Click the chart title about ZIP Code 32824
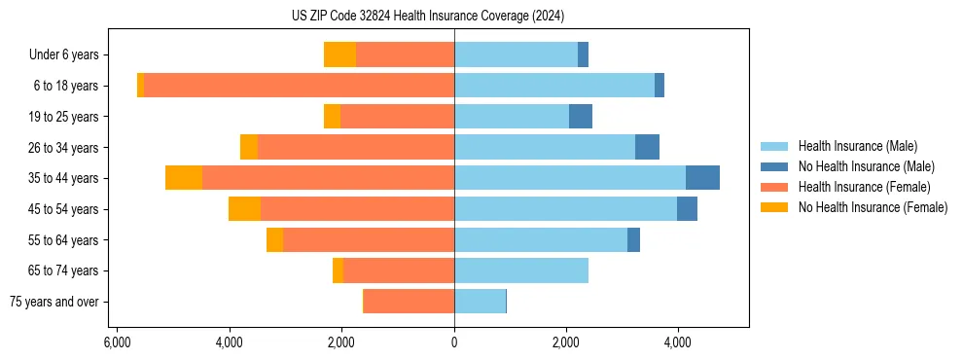tap(454, 17)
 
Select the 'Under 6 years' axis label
tap(70, 55)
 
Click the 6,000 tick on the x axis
tap(117, 343)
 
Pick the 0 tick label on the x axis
tap(454, 343)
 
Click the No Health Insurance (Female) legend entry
tap(873, 207)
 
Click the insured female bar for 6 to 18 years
tap(299, 86)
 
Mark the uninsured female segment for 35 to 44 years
tap(184, 178)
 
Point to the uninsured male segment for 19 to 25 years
tap(581, 117)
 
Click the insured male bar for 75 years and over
tap(480, 302)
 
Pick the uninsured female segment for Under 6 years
tap(339, 55)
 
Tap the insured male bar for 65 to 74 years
tap(521, 270)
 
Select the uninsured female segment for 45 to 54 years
tap(244, 209)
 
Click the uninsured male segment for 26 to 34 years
tap(647, 147)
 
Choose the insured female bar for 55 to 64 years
tap(369, 239)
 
